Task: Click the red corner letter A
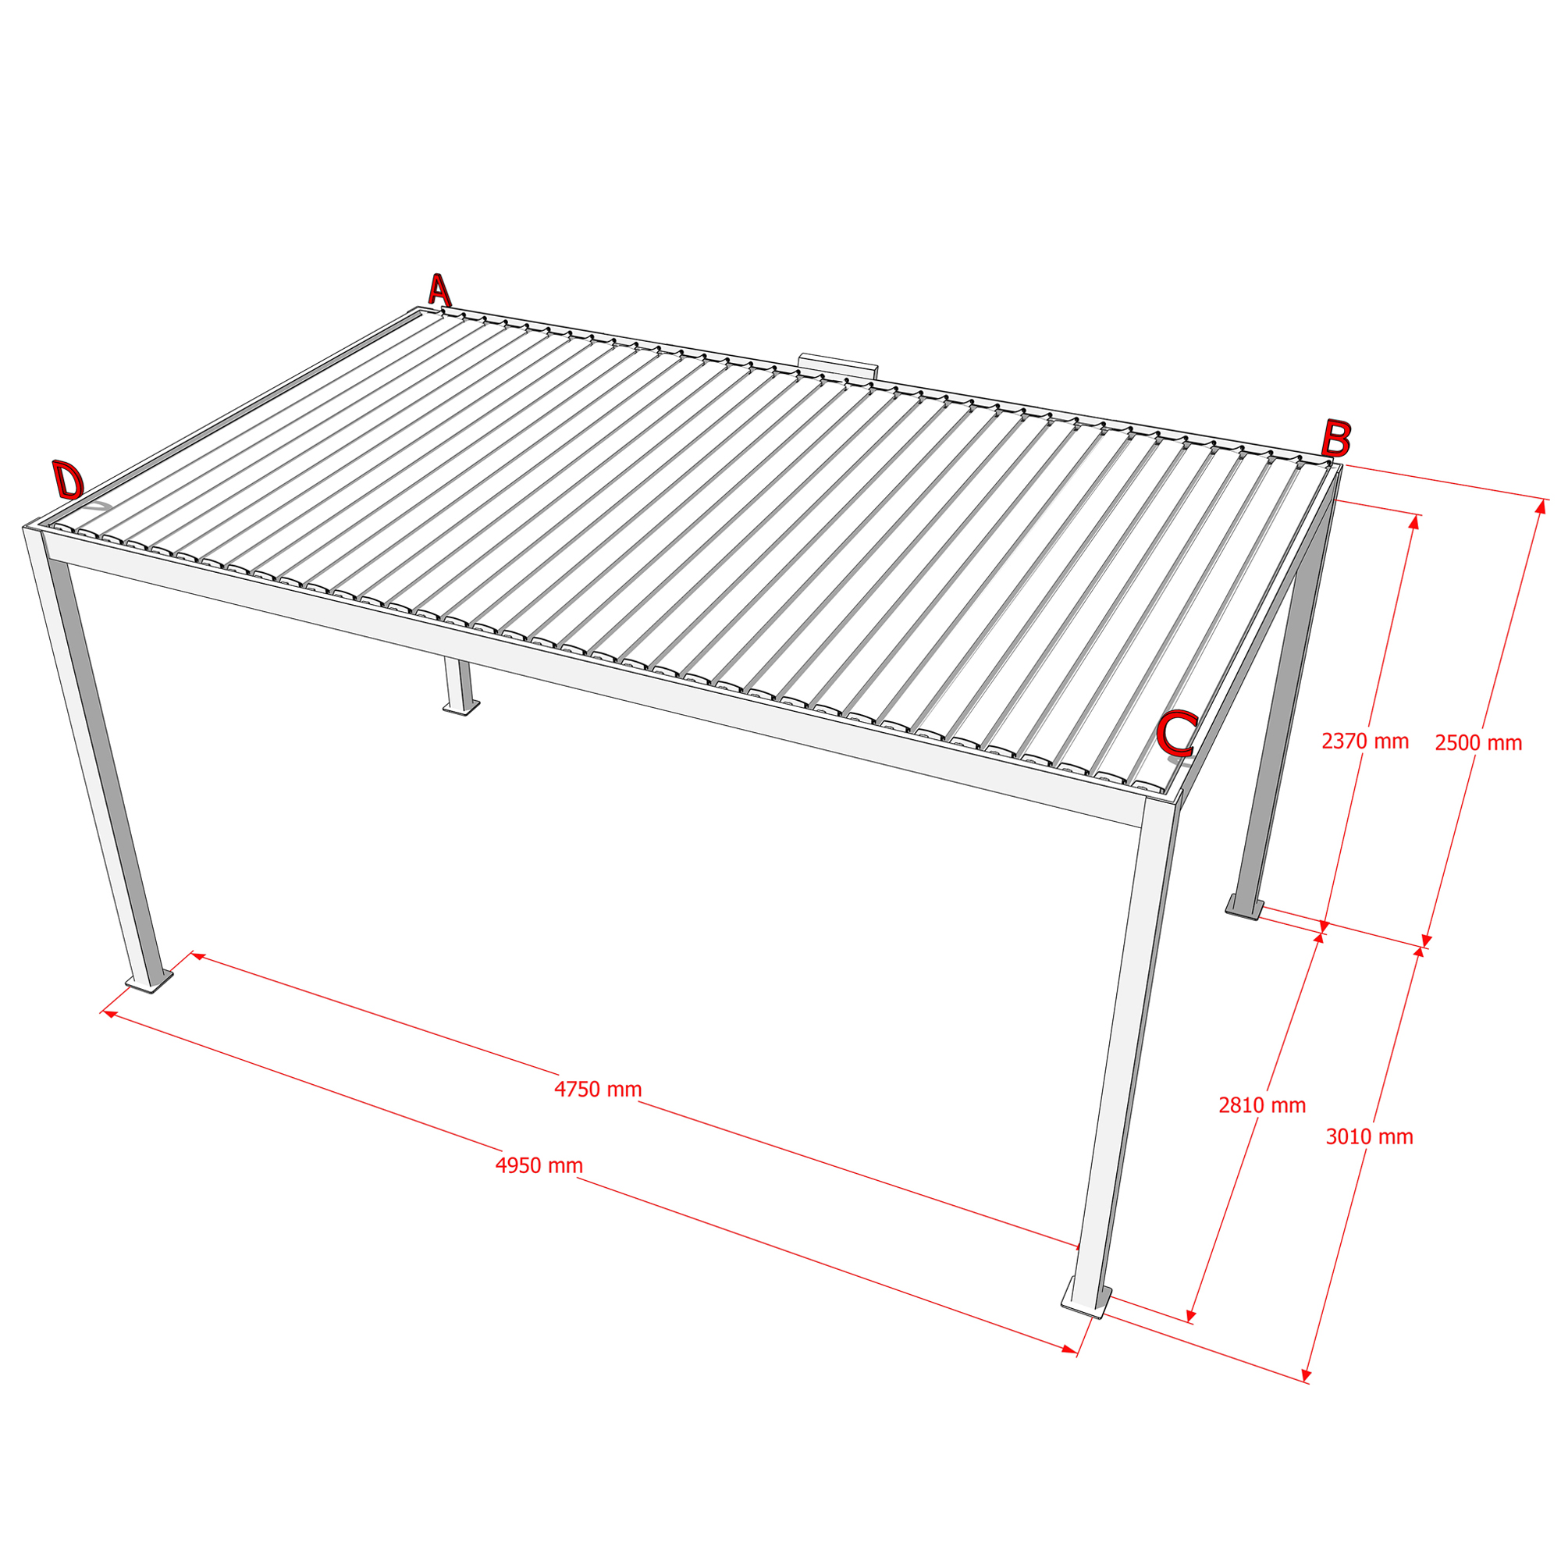[x=439, y=290]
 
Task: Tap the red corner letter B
[x=1335, y=439]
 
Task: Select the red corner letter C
[x=1177, y=733]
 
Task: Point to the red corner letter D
[x=69, y=480]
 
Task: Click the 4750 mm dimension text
[x=598, y=1090]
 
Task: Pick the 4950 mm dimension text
[x=539, y=1166]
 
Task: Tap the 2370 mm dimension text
[x=1365, y=741]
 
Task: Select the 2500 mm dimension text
[x=1478, y=742]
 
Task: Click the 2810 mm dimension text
[x=1262, y=1105]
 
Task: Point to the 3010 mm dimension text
[x=1370, y=1137]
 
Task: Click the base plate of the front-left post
[x=150, y=982]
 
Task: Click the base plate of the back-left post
[x=460, y=708]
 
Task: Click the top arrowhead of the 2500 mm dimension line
[x=1541, y=507]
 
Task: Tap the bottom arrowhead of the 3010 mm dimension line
[x=1307, y=1374]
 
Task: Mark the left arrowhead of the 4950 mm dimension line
[x=109, y=1014]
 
